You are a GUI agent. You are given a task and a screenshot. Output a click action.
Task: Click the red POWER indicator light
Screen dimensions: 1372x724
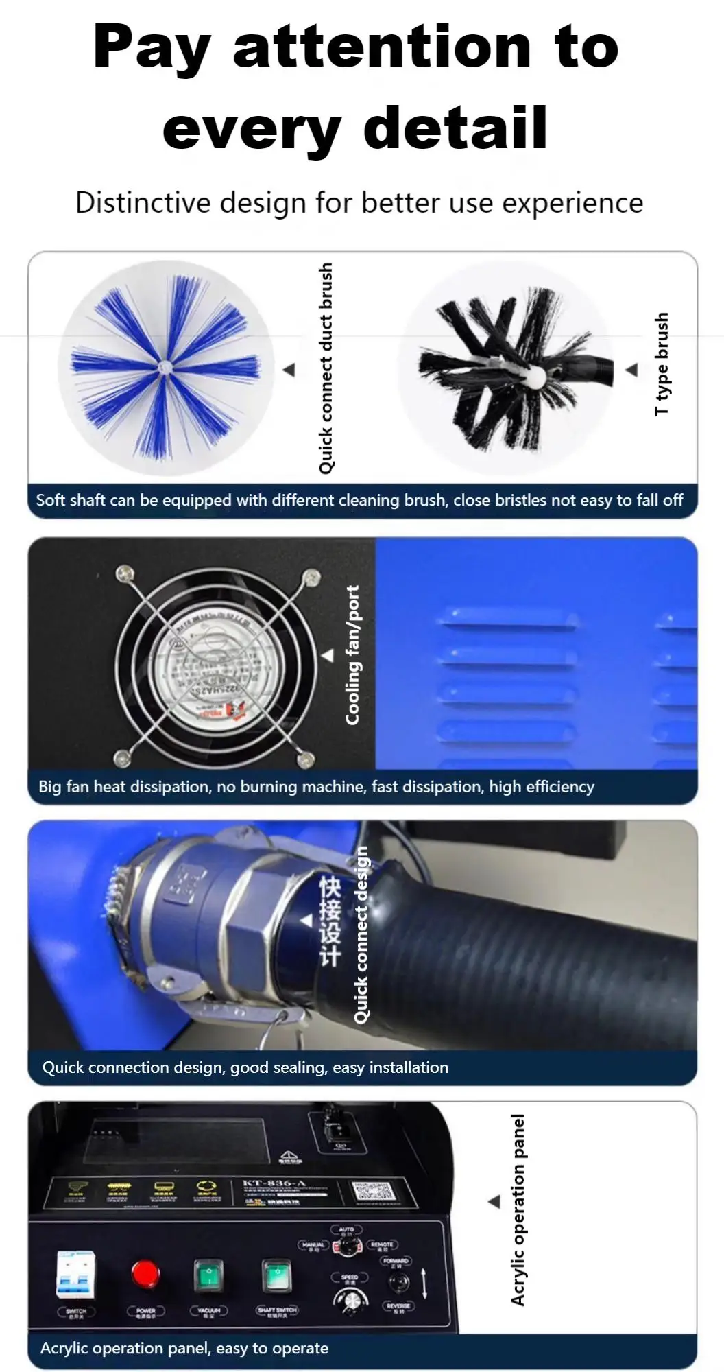pyautogui.click(x=145, y=1274)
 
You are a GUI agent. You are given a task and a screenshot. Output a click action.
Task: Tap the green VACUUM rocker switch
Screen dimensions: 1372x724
pyautogui.click(x=208, y=1276)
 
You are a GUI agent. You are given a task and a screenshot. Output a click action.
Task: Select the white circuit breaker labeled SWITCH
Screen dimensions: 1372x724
pyautogui.click(x=75, y=1275)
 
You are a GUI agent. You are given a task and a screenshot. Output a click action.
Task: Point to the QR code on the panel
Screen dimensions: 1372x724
pyautogui.click(x=370, y=1192)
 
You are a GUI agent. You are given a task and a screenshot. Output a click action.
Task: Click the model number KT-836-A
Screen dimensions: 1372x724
pyautogui.click(x=275, y=1183)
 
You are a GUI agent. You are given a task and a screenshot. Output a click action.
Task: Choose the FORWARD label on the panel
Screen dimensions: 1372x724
pyautogui.click(x=396, y=1261)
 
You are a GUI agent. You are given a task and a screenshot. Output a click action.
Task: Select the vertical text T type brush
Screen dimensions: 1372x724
pyautogui.click(x=661, y=364)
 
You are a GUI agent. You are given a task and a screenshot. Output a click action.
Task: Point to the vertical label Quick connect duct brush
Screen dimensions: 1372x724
pyautogui.click(x=326, y=368)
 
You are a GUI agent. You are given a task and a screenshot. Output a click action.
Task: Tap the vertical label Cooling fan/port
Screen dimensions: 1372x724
pyautogui.click(x=352, y=654)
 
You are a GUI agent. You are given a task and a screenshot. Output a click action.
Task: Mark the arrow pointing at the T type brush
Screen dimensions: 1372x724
pyautogui.click(x=631, y=370)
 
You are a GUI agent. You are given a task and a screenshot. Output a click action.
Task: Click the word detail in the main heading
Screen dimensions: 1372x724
pyautogui.click(x=455, y=128)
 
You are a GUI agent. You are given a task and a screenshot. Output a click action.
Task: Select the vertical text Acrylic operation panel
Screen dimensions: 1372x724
pyautogui.click(x=518, y=1209)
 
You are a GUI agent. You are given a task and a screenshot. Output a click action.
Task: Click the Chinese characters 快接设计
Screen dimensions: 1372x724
pyautogui.click(x=330, y=921)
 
